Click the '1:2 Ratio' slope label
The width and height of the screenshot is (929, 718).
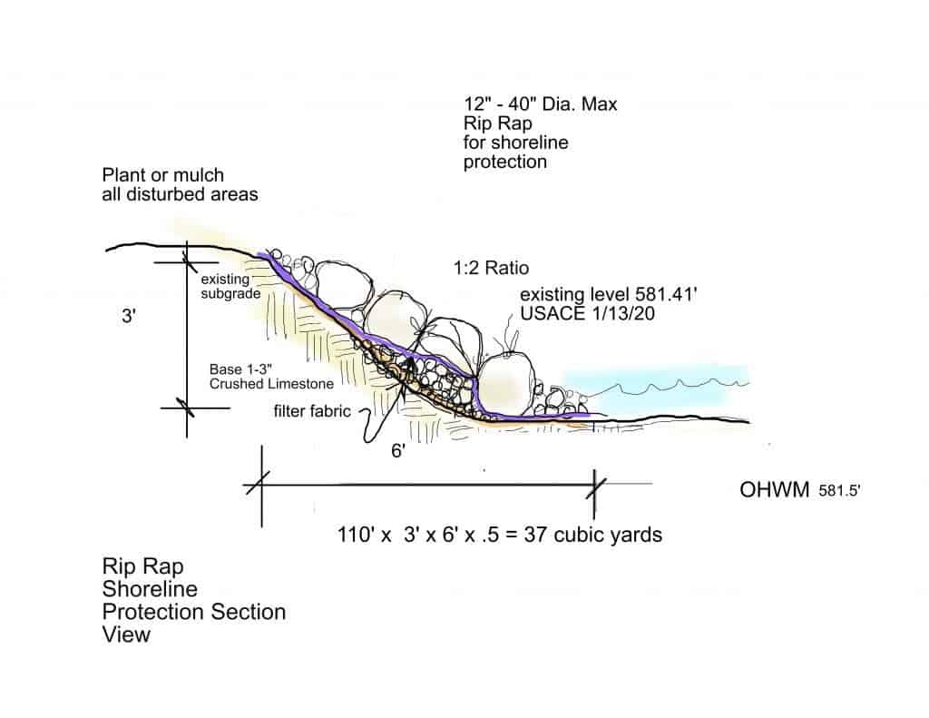click(491, 268)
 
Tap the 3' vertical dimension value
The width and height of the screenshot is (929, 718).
click(129, 316)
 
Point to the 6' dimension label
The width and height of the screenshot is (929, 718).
click(398, 451)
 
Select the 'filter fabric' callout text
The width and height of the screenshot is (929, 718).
click(312, 411)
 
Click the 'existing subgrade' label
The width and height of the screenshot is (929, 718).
click(230, 286)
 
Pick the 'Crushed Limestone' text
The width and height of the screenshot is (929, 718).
click(271, 384)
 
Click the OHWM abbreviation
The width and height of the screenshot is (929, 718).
click(775, 490)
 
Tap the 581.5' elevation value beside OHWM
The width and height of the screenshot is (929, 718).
click(839, 491)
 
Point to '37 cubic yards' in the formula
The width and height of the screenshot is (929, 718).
click(593, 535)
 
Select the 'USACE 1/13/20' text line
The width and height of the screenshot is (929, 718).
click(587, 314)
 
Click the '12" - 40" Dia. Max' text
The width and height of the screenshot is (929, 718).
click(541, 104)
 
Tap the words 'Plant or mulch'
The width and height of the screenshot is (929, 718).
click(163, 175)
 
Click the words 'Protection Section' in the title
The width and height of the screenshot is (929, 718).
click(194, 611)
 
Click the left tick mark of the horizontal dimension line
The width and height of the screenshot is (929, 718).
click(259, 483)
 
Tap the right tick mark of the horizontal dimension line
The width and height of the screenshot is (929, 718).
click(595, 485)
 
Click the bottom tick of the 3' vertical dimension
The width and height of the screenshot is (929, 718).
click(187, 408)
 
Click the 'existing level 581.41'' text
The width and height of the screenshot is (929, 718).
click(609, 295)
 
